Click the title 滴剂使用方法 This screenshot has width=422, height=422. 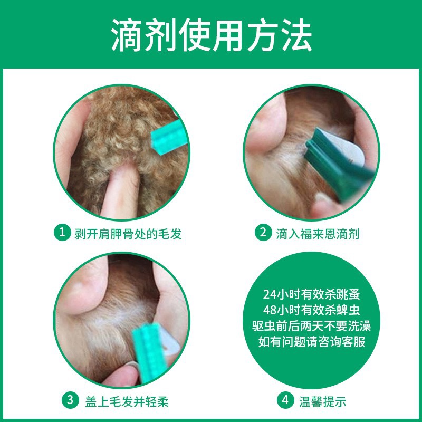coord(211,35)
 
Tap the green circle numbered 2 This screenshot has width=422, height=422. coord(262,233)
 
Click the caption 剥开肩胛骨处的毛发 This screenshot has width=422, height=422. coord(126,233)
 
